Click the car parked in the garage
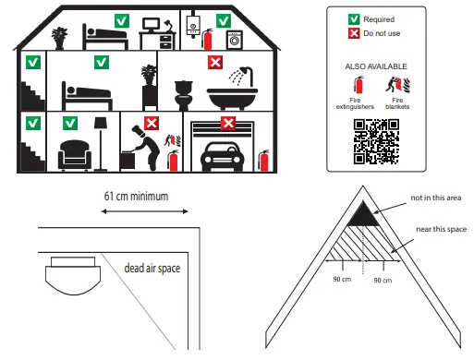click(x=222, y=154)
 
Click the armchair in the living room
click(x=73, y=156)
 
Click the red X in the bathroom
click(x=214, y=63)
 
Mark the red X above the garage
click(x=226, y=122)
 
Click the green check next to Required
click(x=353, y=18)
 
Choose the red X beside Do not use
click(x=353, y=32)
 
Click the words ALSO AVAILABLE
click(x=375, y=67)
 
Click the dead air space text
click(x=152, y=269)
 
